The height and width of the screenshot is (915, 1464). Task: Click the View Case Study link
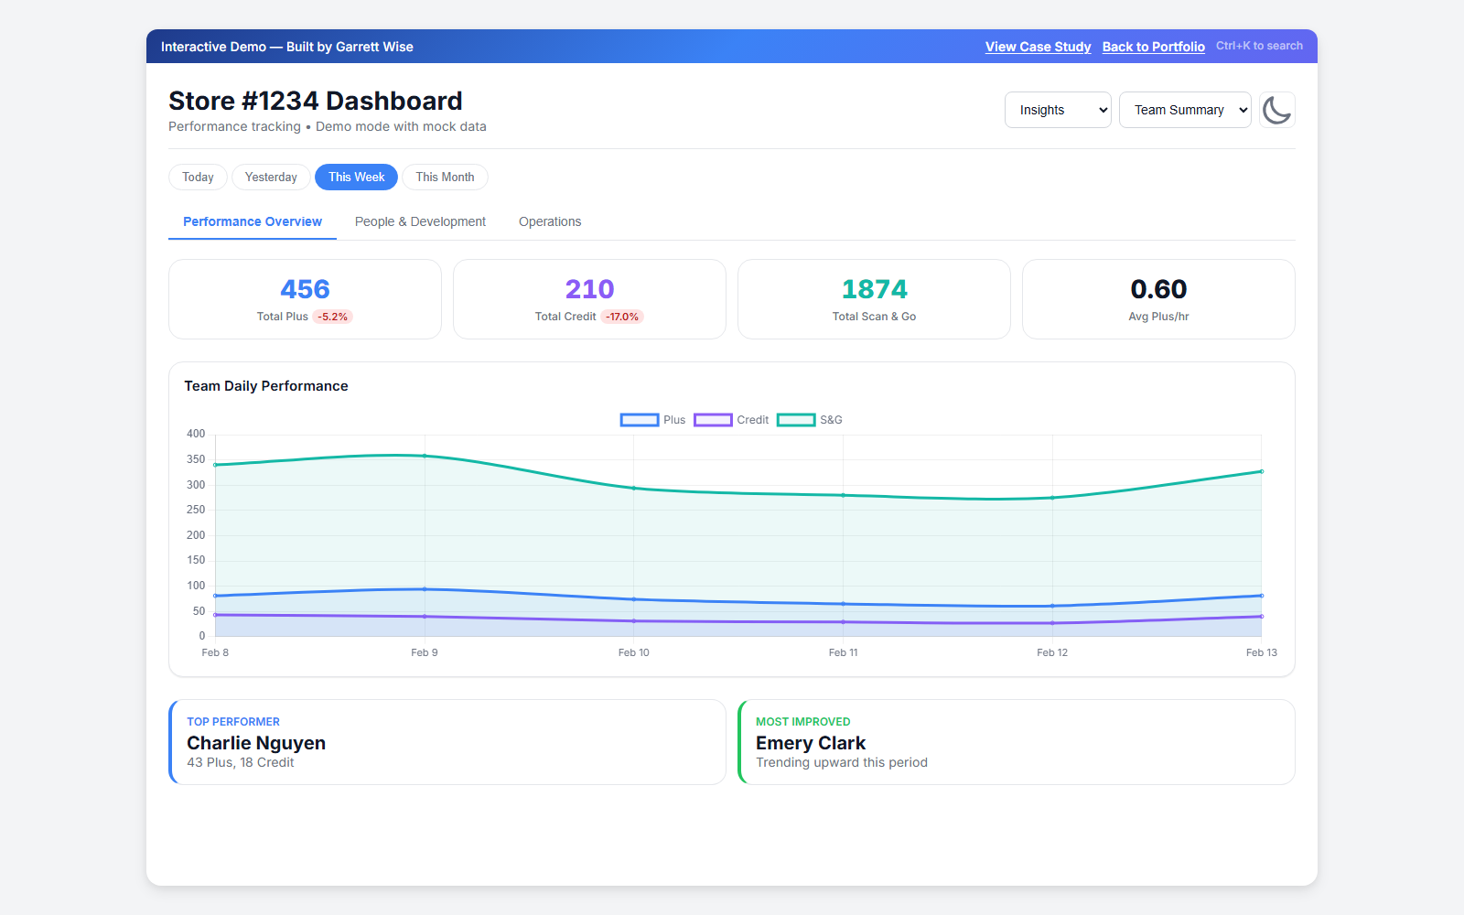1038,47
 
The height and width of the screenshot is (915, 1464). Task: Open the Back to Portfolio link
1153,47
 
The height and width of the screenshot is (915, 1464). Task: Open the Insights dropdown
1058,110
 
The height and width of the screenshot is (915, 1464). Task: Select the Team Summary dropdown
1185,110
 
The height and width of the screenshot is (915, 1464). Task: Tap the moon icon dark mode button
1276,110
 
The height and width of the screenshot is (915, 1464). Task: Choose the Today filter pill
198,178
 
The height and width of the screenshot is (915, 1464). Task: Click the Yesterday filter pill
271,178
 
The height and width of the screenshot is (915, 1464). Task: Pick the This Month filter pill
445,178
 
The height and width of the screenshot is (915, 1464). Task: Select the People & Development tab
420,221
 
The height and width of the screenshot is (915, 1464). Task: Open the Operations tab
550,221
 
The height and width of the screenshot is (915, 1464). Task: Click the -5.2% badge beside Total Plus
333,317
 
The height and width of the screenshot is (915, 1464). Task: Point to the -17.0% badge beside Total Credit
622,317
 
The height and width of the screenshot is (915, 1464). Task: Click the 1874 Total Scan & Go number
874,289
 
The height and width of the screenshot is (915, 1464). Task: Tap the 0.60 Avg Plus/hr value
1158,289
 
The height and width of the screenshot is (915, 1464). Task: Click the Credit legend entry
732,420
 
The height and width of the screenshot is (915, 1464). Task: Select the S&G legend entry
811,420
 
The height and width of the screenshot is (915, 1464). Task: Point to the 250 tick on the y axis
196,510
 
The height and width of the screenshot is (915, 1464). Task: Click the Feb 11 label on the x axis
843,652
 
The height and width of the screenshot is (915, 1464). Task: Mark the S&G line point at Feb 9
425,456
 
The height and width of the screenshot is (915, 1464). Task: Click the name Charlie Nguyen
256,743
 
